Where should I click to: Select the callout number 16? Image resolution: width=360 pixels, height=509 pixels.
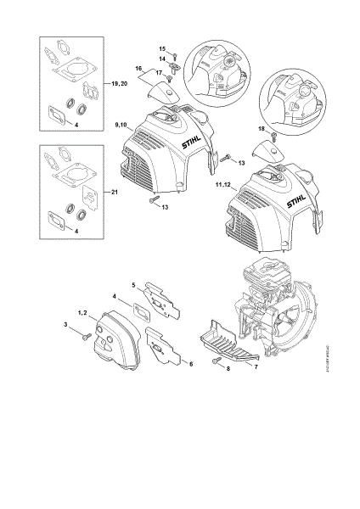(138, 66)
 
